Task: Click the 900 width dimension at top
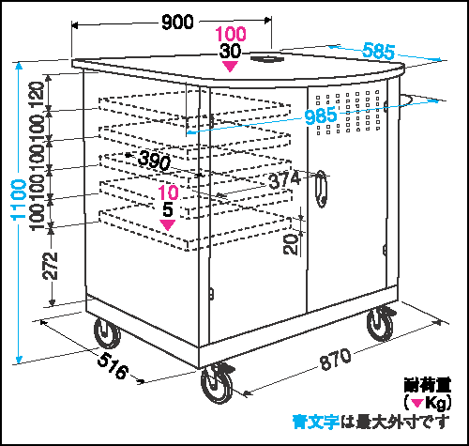click(177, 23)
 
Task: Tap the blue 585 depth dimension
click(378, 51)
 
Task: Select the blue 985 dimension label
click(321, 115)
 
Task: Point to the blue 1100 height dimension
click(19, 200)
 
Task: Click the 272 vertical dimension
click(51, 266)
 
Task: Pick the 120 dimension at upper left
click(37, 95)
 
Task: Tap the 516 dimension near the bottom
click(113, 365)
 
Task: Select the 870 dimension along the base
click(335, 359)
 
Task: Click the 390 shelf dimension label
click(155, 160)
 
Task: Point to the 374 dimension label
click(284, 180)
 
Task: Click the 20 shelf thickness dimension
click(291, 244)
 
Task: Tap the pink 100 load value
click(231, 34)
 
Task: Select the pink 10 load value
click(168, 192)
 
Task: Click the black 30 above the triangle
click(230, 51)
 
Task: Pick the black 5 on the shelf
click(168, 209)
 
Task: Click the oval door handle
click(322, 189)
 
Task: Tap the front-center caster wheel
click(218, 383)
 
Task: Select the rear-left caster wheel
click(107, 333)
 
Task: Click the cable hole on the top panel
click(267, 58)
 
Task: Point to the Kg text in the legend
click(436, 403)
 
